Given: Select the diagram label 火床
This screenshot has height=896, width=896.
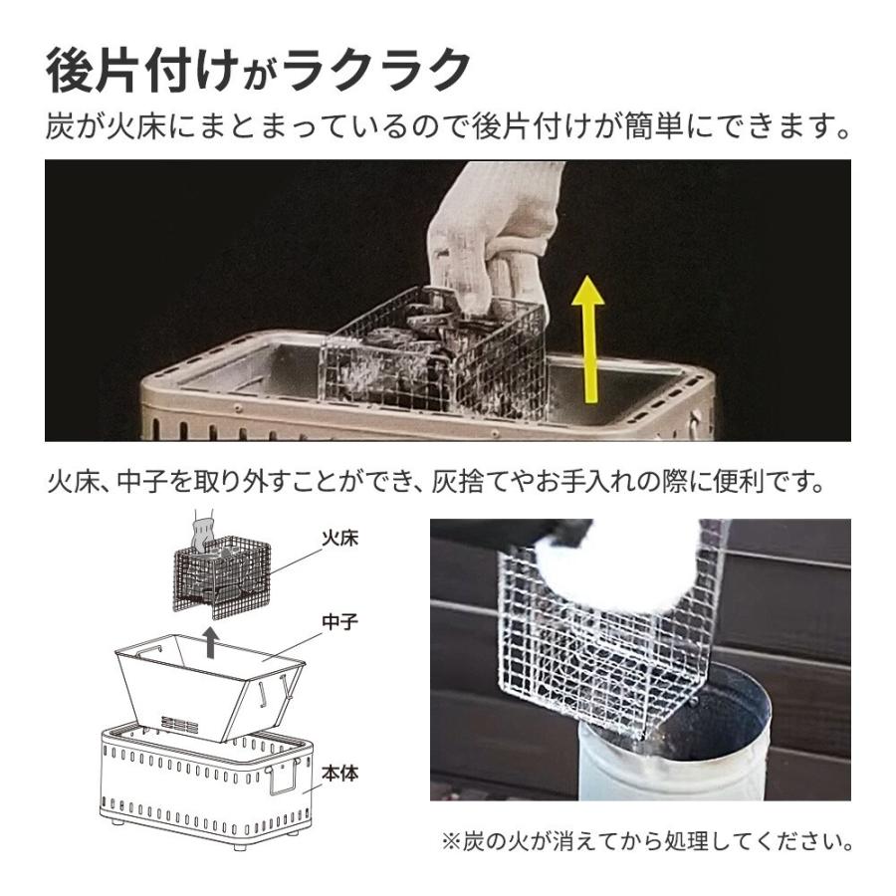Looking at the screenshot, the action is (x=340, y=539).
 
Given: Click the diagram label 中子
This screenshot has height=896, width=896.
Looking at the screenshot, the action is (x=340, y=621).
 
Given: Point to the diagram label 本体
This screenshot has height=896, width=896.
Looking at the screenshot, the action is (x=340, y=774).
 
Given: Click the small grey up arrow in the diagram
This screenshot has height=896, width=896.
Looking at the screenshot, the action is (x=211, y=642).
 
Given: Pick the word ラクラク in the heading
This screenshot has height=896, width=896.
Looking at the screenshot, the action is (x=377, y=71).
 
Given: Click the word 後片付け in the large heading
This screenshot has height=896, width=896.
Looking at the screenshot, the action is (x=141, y=71).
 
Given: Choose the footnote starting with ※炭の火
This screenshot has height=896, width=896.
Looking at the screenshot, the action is (x=647, y=841).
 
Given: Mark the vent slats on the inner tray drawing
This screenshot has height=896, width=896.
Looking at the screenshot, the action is (x=179, y=724).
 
